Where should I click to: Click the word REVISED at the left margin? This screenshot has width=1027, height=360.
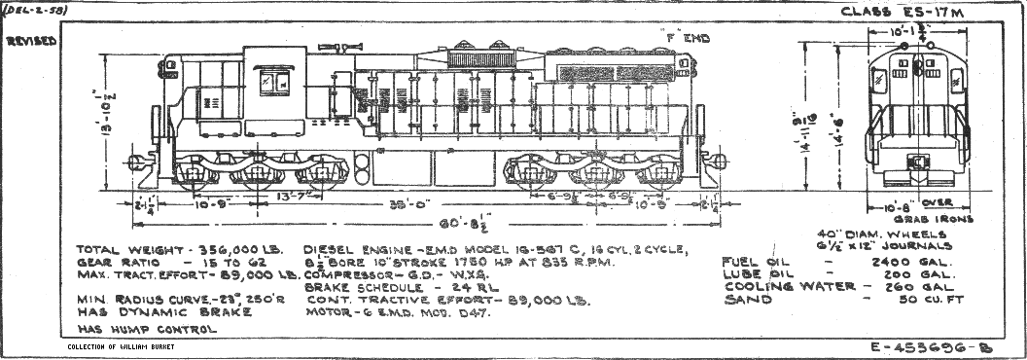[x=29, y=43]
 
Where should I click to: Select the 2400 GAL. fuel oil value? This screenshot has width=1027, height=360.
[x=911, y=263]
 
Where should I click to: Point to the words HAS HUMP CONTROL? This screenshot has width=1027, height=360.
[x=145, y=329]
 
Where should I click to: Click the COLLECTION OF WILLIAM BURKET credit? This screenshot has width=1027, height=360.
[x=135, y=347]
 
